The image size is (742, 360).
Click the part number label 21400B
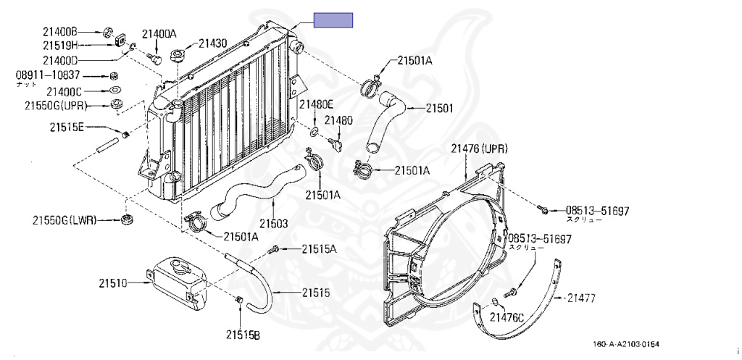[59, 31]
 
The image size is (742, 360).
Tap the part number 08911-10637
[48, 75]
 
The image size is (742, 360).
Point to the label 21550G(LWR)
[64, 219]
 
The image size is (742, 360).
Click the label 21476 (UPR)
[479, 148]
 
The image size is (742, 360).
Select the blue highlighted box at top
[333, 20]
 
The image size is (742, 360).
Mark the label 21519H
[59, 46]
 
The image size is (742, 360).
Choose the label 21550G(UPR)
[56, 106]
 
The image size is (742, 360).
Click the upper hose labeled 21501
[384, 120]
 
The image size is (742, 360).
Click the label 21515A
[320, 248]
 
